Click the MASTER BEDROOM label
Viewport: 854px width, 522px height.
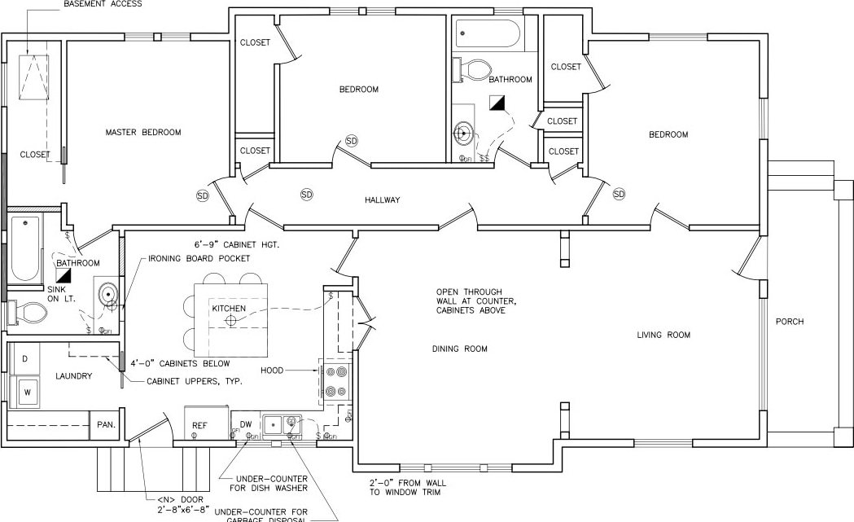click(x=143, y=132)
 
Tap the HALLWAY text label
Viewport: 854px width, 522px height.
click(x=382, y=200)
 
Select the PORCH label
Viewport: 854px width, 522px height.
click(x=790, y=322)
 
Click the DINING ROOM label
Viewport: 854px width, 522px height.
click(x=459, y=349)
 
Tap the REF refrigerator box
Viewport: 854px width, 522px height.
click(x=199, y=425)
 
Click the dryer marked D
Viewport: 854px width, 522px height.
click(x=24, y=359)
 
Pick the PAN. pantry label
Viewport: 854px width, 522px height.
click(x=106, y=424)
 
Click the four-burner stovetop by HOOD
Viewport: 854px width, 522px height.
click(x=335, y=381)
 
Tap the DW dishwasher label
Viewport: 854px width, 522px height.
click(x=245, y=424)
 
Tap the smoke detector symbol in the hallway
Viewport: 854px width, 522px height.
click(x=307, y=195)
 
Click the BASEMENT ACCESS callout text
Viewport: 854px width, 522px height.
click(x=103, y=4)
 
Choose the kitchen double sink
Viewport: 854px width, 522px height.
click(x=282, y=423)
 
